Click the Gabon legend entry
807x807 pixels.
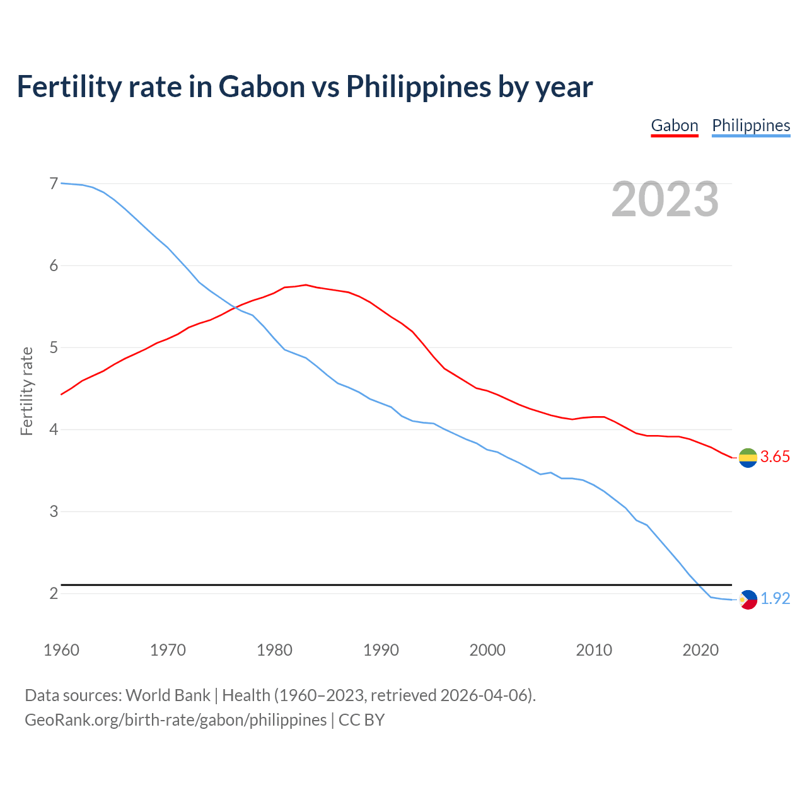(674, 125)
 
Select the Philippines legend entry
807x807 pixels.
(751, 125)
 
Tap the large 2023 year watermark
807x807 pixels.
(665, 199)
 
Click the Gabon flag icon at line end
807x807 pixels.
(748, 458)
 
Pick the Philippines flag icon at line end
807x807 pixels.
(748, 600)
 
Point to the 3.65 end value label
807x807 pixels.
(775, 457)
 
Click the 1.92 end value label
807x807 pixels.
(775, 599)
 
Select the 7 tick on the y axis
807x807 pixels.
(54, 183)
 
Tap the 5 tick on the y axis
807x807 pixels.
(54, 347)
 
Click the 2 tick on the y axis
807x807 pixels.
(54, 593)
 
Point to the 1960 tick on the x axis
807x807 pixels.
(61, 650)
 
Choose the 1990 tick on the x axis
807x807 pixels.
(381, 650)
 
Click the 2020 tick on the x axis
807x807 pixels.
(700, 650)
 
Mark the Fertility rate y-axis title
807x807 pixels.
(26, 391)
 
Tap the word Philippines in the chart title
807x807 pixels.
(418, 86)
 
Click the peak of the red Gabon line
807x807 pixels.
(306, 285)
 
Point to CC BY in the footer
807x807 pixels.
(361, 720)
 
